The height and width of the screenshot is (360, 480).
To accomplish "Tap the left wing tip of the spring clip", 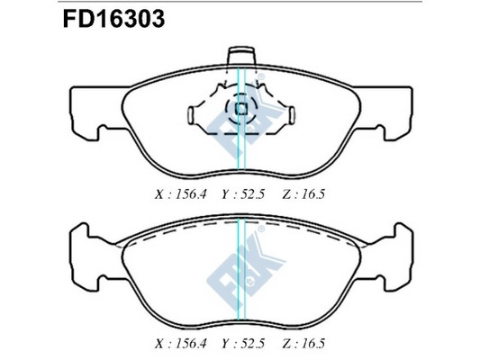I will (190, 115).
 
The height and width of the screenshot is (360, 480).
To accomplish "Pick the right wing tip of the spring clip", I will (292, 115).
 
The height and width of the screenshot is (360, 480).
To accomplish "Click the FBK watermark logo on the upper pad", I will (241, 121).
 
